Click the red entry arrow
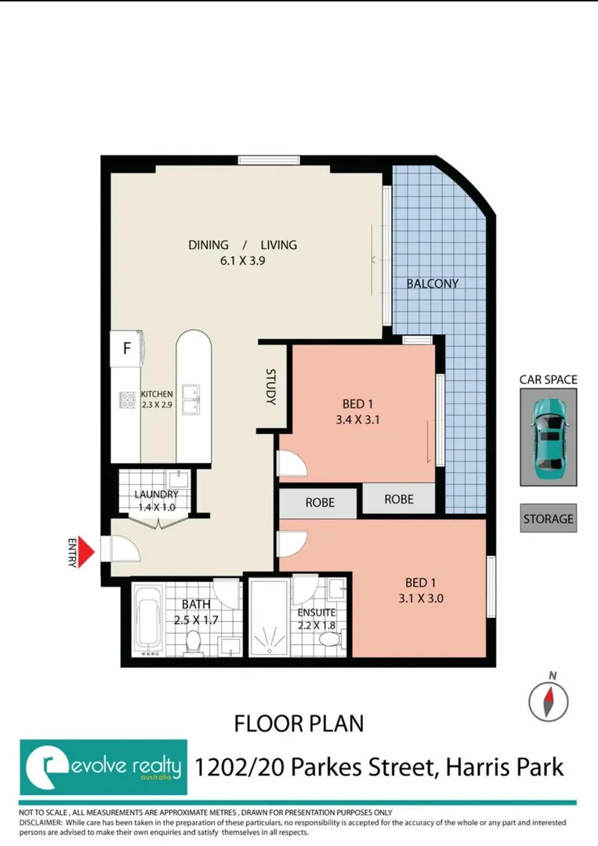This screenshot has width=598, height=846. pyautogui.click(x=88, y=551)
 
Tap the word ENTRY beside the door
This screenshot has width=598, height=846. pyautogui.click(x=72, y=551)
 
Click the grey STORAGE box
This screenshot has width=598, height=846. pyautogui.click(x=548, y=519)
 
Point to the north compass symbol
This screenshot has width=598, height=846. pyautogui.click(x=547, y=699)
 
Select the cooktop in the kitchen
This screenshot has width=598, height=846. pyautogui.click(x=129, y=401)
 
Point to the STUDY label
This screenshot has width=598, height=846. pyautogui.click(x=271, y=387)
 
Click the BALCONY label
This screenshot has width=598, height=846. pyautogui.click(x=432, y=284)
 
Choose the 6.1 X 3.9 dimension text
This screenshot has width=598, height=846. pyautogui.click(x=242, y=262)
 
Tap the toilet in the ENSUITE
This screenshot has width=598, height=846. pyautogui.click(x=329, y=638)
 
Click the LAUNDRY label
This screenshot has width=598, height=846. pyautogui.click(x=156, y=494)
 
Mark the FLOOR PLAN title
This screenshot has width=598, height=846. pyautogui.click(x=299, y=723)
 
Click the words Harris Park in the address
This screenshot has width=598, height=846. pyautogui.click(x=503, y=765)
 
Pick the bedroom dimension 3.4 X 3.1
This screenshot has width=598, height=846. pyautogui.click(x=361, y=420)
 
